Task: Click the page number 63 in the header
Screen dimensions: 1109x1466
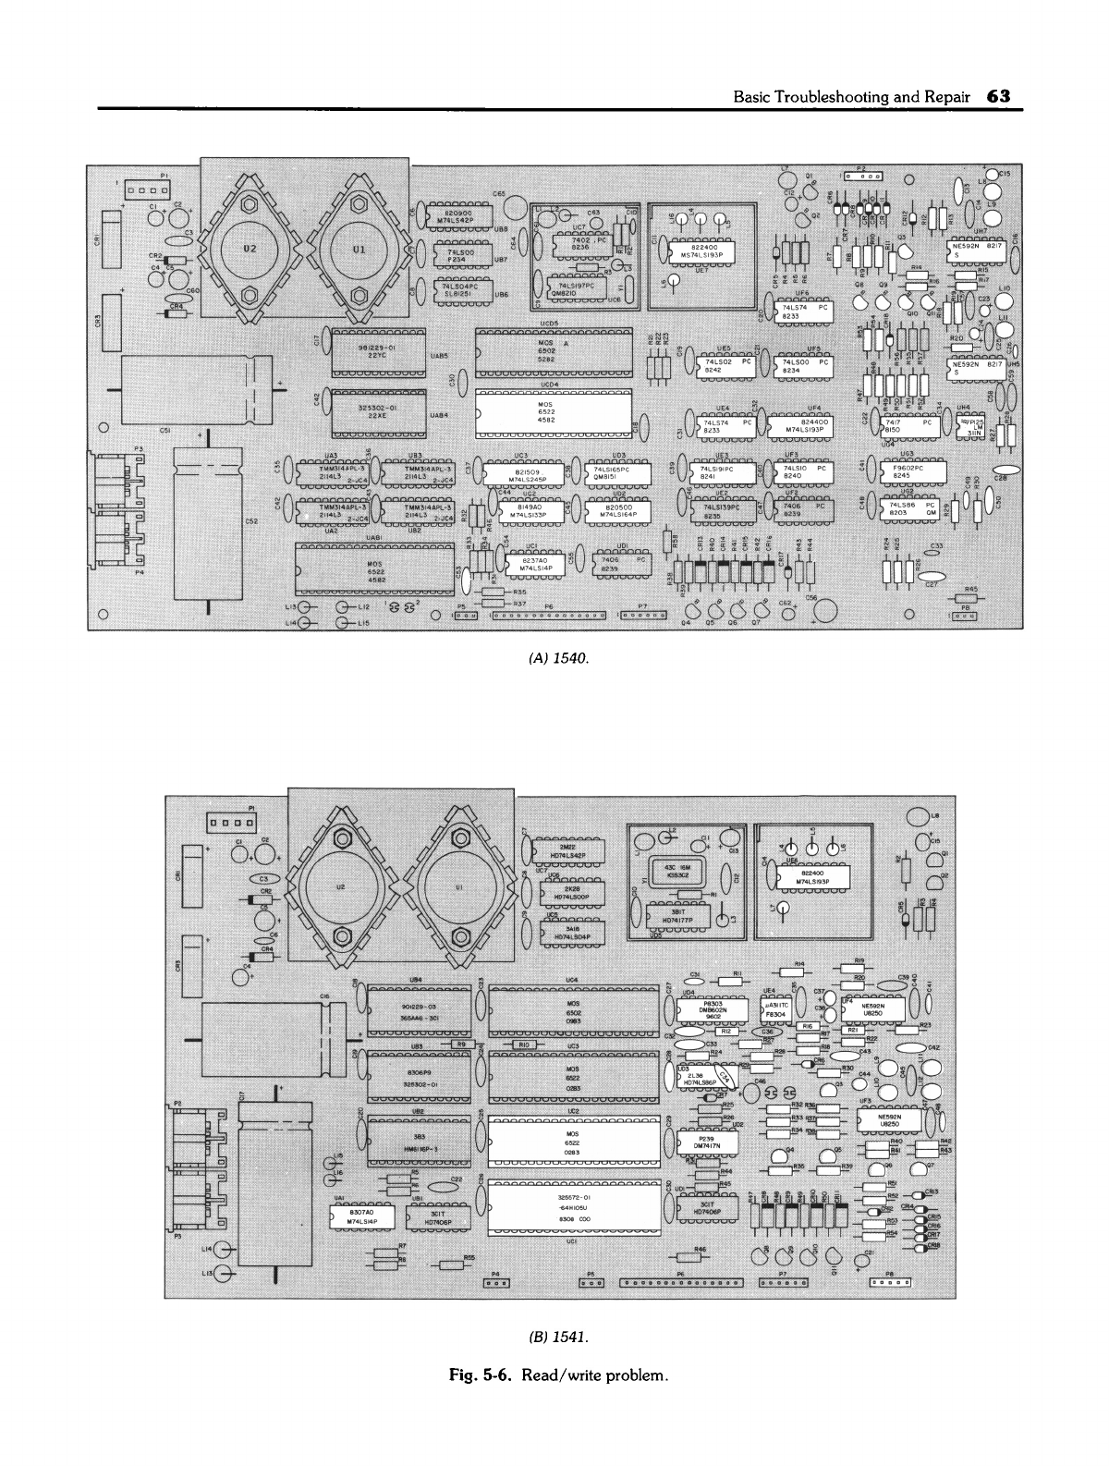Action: [x=999, y=95]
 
